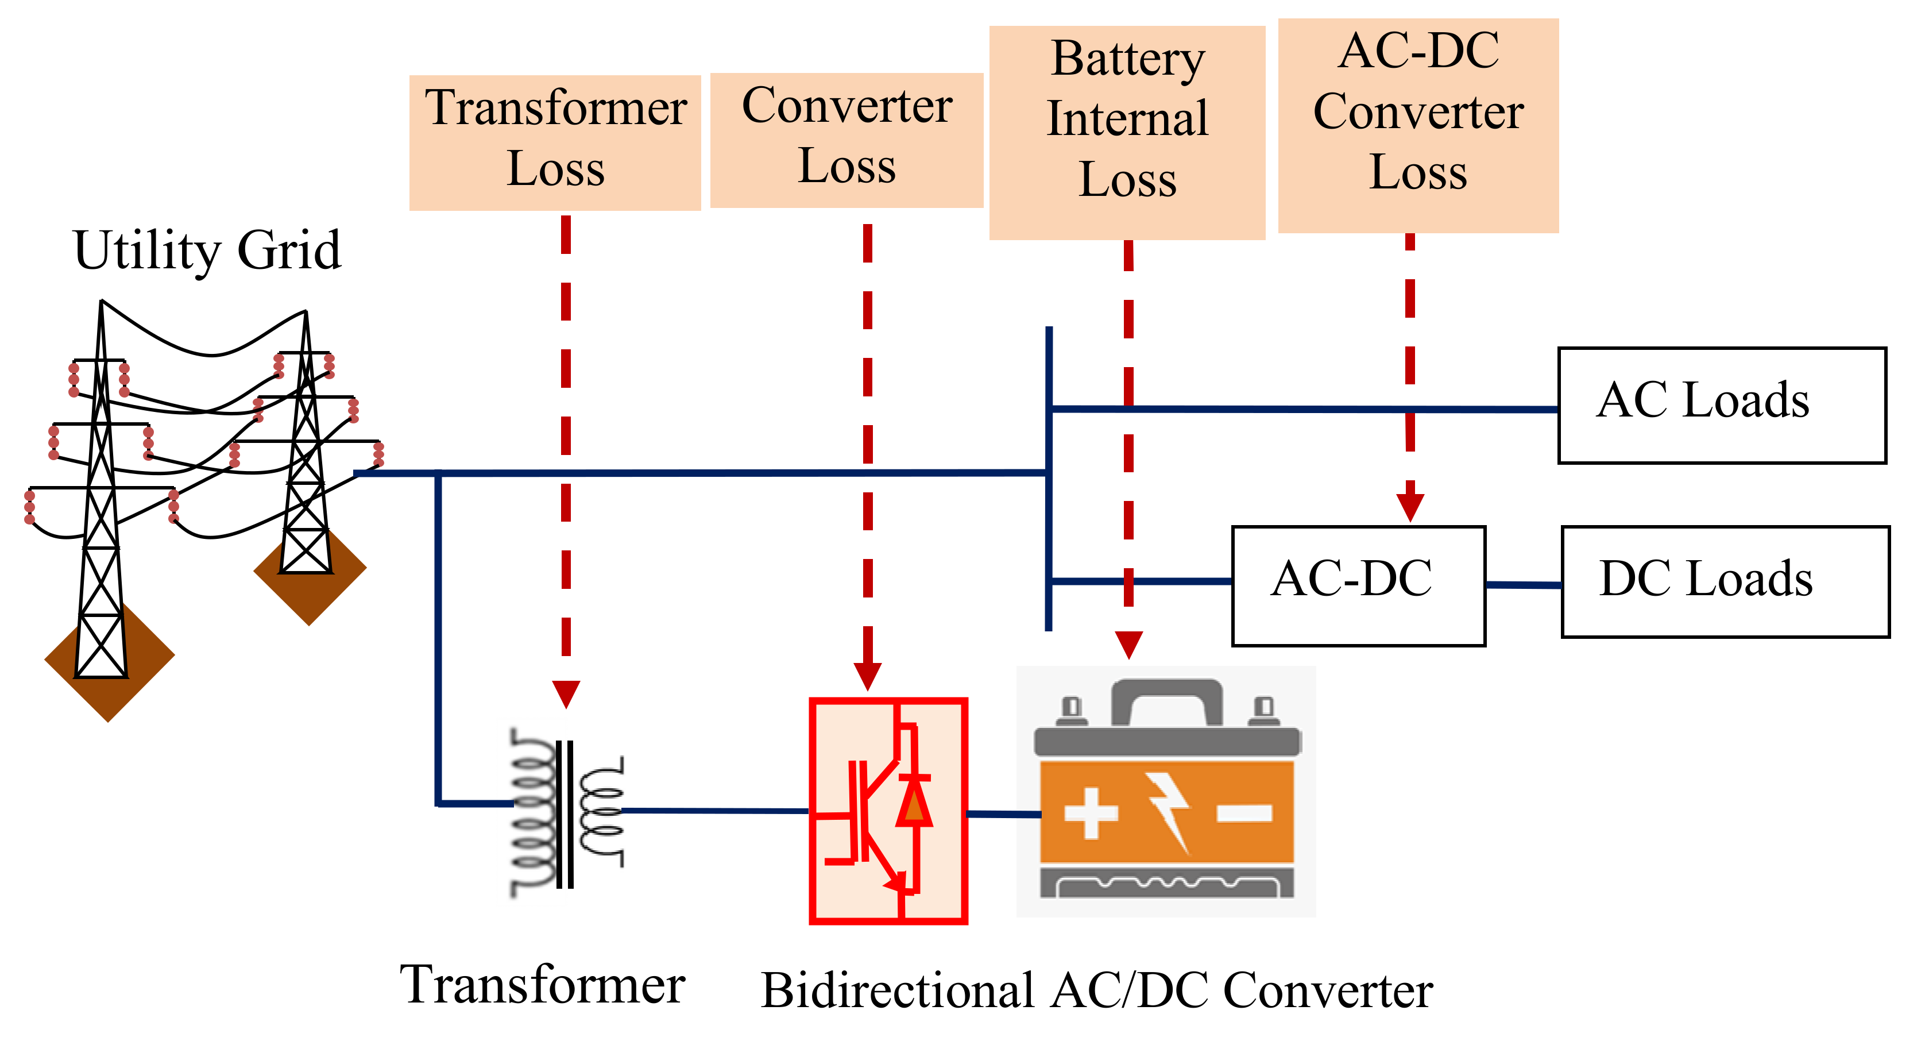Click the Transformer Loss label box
555,142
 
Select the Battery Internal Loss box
1127,133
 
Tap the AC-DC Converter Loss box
1417,126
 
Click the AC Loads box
1722,406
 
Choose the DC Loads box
1726,582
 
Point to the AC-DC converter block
1358,586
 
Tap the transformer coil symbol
566,812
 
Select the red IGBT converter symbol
888,811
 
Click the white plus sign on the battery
1091,813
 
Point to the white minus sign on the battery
1245,813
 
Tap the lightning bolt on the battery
1168,813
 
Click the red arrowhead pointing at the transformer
566,694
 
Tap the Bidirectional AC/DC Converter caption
1096,991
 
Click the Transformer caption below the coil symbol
543,984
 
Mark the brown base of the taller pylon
109,663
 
